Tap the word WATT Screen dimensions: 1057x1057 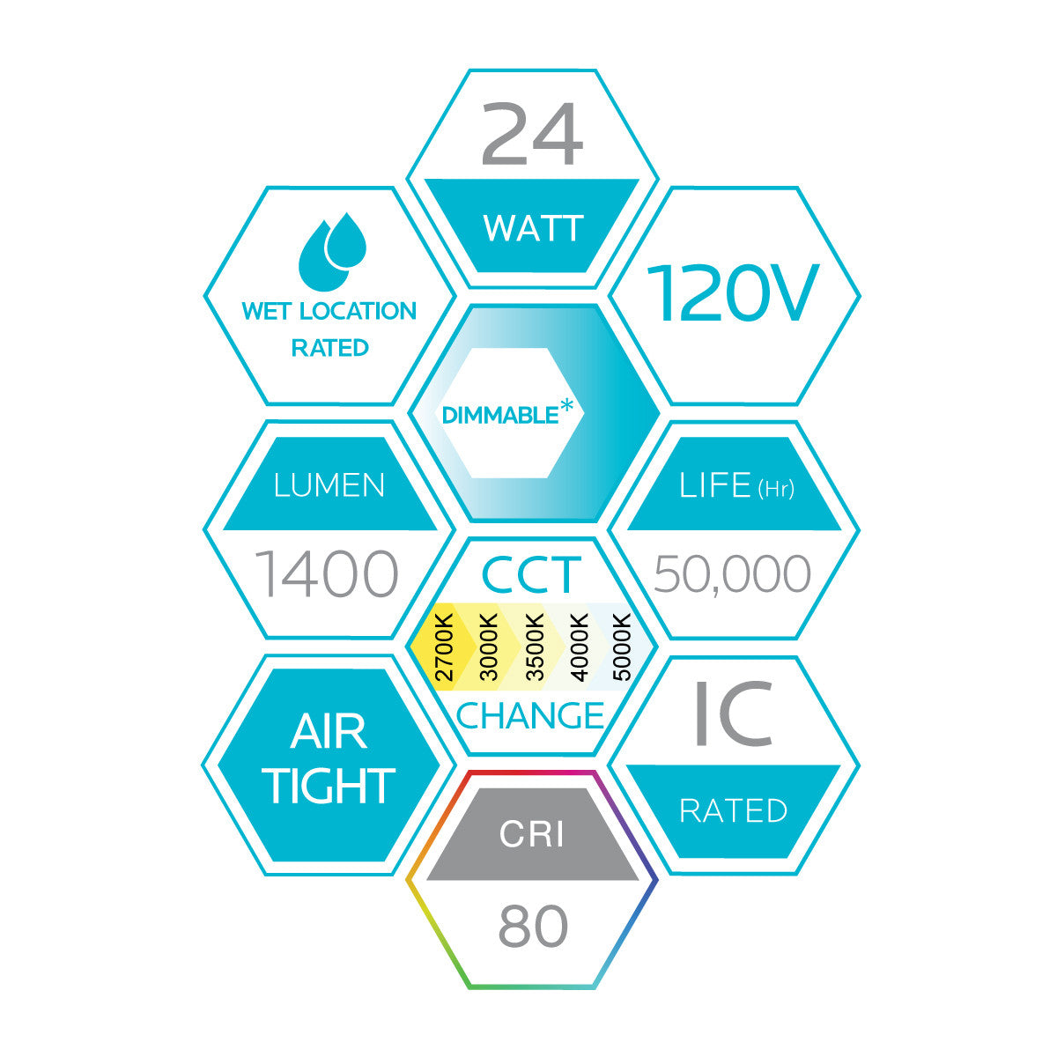tap(533, 228)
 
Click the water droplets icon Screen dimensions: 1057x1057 tap(332, 251)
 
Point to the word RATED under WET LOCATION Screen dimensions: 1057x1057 tap(329, 348)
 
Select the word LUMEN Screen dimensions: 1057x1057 tap(329, 485)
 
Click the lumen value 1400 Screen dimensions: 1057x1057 tap(327, 574)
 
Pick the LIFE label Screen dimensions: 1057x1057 tap(714, 485)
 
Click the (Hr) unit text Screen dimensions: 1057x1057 tap(775, 489)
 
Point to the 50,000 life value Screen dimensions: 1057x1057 tap(733, 574)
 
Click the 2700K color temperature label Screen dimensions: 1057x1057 tap(446, 647)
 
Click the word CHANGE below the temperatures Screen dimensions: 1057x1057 tap(530, 715)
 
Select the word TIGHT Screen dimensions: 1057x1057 tap(330, 787)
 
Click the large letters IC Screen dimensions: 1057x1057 tap(733, 713)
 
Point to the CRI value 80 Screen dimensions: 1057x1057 tap(533, 927)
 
